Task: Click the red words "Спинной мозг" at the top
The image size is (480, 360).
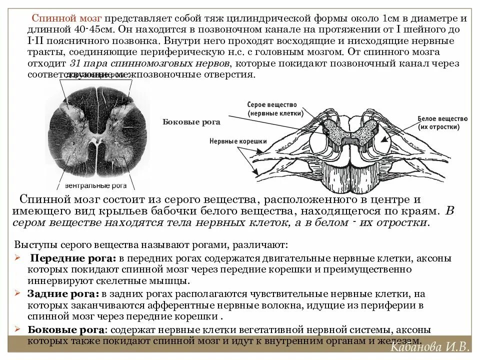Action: [x=66, y=18]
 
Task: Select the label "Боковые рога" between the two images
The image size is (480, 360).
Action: [x=191, y=121]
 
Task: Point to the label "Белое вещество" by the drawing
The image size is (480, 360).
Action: [x=442, y=118]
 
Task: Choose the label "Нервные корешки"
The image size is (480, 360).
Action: [x=238, y=141]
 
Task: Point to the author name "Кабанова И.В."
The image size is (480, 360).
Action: [x=429, y=348]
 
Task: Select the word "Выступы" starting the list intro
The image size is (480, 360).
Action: [x=35, y=245]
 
